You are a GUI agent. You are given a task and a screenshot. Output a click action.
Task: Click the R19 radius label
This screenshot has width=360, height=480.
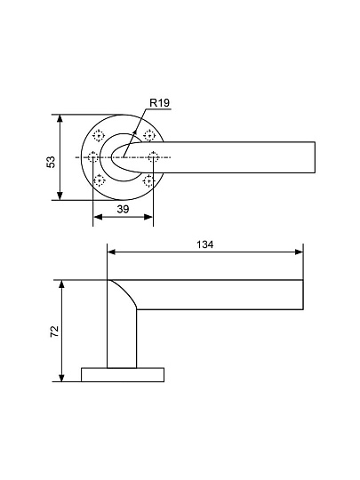[159, 103]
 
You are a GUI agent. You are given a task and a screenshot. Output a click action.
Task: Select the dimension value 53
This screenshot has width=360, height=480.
[51, 161]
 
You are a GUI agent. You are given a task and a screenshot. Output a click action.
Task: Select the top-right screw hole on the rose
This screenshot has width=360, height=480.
[149, 135]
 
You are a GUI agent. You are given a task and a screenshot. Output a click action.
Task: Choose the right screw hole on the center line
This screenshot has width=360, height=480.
[154, 157]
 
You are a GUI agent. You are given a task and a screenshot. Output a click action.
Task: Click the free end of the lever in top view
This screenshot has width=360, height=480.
[312, 157]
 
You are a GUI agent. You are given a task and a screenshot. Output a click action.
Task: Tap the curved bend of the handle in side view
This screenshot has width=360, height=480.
[124, 293]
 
